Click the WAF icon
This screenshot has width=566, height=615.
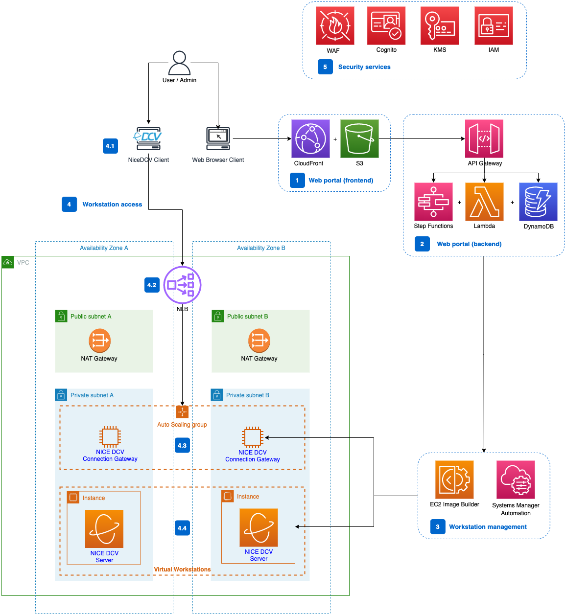point(335,25)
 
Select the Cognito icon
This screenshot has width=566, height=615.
point(386,25)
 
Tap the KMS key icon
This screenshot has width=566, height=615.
point(440,25)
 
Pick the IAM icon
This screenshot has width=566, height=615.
point(494,25)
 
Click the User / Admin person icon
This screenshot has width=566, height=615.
point(179,63)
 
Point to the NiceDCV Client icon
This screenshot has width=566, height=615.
point(148,138)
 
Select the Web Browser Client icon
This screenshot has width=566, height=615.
point(218,139)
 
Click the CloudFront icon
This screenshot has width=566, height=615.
point(310,139)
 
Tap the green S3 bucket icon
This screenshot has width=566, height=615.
point(359,139)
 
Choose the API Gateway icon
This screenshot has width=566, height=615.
point(484,139)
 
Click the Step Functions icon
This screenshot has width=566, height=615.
point(433,202)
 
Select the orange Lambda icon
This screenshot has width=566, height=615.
point(484,202)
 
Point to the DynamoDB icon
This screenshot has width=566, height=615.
point(538,202)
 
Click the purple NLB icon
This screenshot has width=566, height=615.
point(182,285)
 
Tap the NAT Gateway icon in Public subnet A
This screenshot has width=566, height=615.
point(99,341)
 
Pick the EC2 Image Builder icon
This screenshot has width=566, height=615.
point(454,479)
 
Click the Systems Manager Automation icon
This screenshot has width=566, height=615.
point(516,479)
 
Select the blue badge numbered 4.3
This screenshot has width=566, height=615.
point(182,445)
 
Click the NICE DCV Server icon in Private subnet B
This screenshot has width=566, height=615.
point(259,527)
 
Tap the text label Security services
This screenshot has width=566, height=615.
point(364,67)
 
